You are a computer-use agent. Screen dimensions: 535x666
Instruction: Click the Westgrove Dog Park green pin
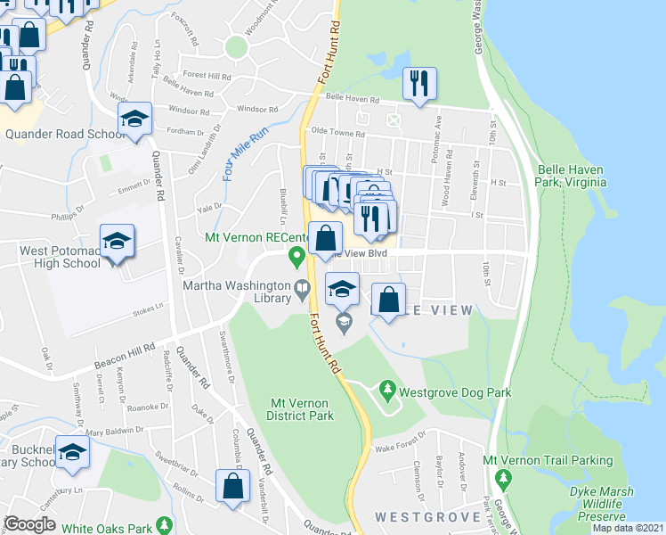[x=387, y=390]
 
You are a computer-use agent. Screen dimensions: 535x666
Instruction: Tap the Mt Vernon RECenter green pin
[x=297, y=257]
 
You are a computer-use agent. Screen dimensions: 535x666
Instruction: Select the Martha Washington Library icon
[x=303, y=286]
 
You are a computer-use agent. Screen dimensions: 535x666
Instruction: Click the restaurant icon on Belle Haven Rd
[x=418, y=85]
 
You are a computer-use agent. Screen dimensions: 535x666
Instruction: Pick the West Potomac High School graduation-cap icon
[x=117, y=241]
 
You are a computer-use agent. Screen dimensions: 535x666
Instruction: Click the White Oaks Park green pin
[x=163, y=524]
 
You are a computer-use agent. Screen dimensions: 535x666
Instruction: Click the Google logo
[x=29, y=523]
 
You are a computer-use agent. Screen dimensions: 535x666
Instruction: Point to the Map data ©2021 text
[x=628, y=528]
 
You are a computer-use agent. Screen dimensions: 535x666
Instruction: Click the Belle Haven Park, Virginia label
[x=572, y=175]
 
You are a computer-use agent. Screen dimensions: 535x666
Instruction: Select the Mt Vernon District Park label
[x=301, y=409]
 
